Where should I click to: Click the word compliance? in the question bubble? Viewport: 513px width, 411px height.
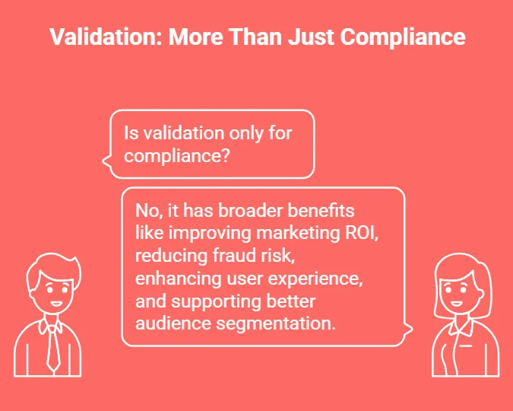(177, 156)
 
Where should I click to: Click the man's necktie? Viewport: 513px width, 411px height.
(52, 350)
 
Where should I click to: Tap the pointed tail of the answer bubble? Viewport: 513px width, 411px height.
(410, 330)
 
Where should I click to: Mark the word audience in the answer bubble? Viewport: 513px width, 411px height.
(169, 323)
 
